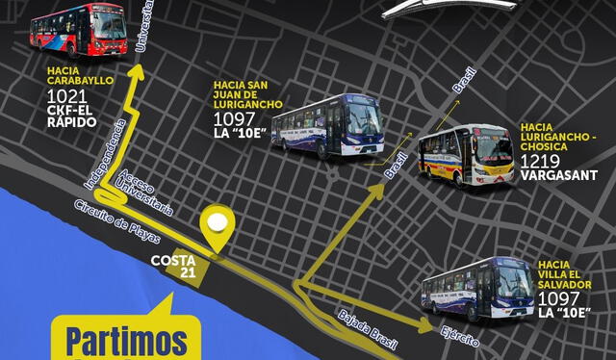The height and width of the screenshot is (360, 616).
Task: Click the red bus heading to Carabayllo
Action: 78,30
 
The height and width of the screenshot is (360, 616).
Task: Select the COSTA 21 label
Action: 174,266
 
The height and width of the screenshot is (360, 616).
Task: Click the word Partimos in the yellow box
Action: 126,341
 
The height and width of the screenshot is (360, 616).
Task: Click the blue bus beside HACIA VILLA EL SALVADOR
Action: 477,286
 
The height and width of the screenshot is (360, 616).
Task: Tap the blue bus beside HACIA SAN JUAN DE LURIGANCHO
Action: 327,124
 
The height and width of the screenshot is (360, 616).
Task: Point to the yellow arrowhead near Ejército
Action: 425,327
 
